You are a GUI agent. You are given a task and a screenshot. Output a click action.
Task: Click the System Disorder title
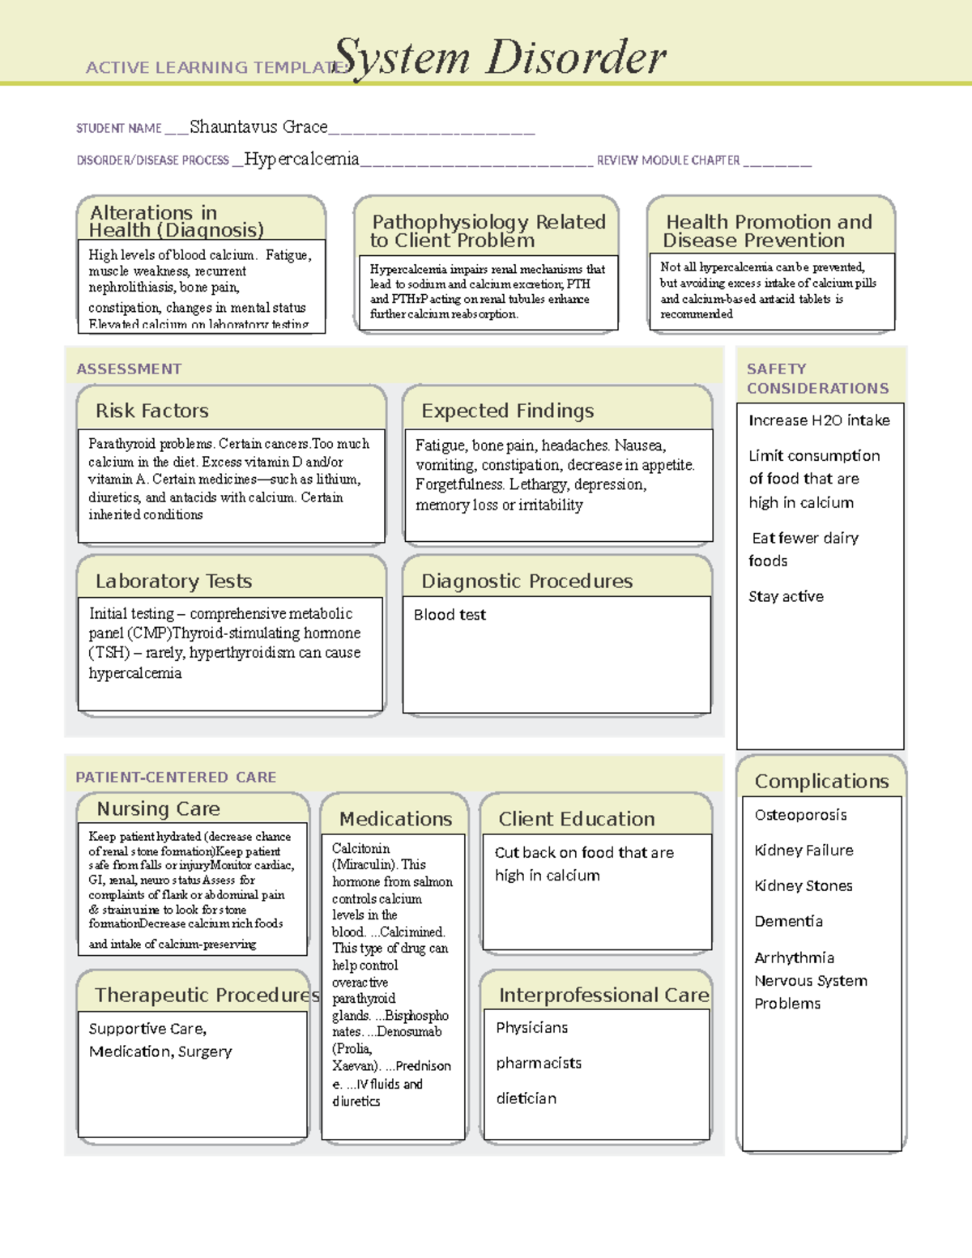coord(500,58)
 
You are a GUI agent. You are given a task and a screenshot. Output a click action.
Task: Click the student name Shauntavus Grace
coord(258,127)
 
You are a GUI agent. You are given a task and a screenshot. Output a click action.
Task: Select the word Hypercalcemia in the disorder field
coord(301,160)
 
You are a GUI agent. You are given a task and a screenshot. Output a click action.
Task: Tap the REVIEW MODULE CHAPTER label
coord(668,160)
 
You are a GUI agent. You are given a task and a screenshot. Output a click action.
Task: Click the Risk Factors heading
coord(152,411)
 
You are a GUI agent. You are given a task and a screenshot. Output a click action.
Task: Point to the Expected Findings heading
coord(508,411)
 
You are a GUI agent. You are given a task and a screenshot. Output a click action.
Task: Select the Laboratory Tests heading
coord(173,581)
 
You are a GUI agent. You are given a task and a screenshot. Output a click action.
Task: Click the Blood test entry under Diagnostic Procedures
coord(450,615)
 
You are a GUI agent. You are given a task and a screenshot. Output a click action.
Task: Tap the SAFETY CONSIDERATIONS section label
coord(817,378)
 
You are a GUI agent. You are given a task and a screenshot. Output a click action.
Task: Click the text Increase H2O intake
coord(819,420)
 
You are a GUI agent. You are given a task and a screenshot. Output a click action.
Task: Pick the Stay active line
coord(786,596)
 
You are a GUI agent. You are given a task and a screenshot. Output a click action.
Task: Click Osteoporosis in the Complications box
coord(800,815)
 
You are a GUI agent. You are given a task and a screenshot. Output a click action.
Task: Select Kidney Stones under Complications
coord(803,885)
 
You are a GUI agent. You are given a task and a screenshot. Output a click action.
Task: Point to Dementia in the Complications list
coord(788,921)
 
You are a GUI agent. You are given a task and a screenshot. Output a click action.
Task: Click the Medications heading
coord(395,819)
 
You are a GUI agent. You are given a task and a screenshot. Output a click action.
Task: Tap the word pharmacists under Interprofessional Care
coord(539,1063)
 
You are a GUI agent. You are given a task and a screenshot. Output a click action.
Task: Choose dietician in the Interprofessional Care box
coord(526,1098)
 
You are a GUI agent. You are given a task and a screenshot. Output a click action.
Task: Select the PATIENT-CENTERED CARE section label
coord(176,777)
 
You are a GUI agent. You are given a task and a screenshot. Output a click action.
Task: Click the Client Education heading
coord(577,819)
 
